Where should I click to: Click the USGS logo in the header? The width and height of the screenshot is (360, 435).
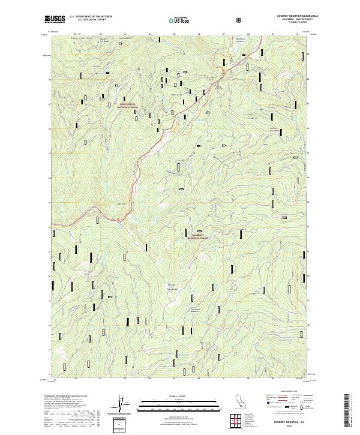click(54, 20)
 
